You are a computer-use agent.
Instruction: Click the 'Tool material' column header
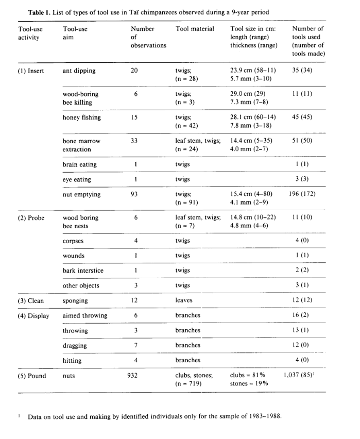pos(195,29)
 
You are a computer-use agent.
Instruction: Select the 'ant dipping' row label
pos(79,71)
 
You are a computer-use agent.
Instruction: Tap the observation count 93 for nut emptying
pos(134,194)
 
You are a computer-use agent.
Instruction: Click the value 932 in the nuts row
pos(134,376)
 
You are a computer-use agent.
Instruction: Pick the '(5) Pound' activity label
pos(31,376)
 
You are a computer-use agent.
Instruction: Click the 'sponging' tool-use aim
pos(75,300)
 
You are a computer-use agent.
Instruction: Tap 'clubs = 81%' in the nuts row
pos(248,376)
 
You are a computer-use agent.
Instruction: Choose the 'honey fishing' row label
pos(81,117)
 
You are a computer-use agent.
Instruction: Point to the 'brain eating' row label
pos(79,164)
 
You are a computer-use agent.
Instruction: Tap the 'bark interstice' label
pos(83,271)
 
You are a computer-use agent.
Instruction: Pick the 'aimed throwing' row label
pos(85,315)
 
